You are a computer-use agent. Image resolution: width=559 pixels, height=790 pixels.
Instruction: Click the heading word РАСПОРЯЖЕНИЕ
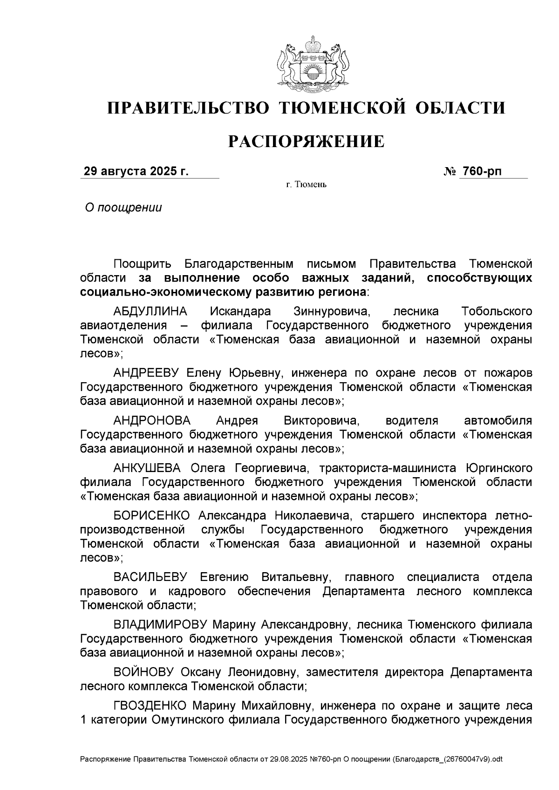[x=306, y=142]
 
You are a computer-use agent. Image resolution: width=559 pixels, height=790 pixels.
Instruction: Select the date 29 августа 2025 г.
[x=136, y=171]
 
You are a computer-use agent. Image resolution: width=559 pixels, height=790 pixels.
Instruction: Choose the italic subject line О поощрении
[x=123, y=208]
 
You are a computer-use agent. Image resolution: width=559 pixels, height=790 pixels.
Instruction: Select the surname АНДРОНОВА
[x=152, y=420]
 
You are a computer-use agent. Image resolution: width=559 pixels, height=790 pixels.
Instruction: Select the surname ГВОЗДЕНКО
[x=150, y=705]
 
